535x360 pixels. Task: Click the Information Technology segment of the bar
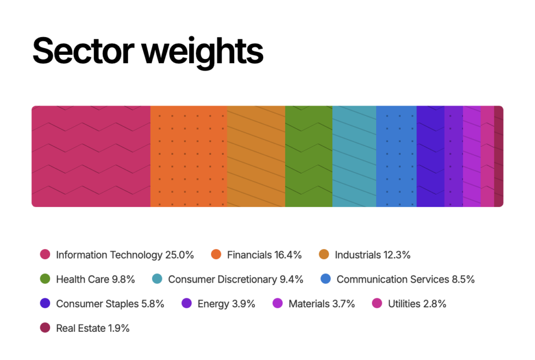point(91,156)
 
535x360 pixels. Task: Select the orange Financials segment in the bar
point(189,156)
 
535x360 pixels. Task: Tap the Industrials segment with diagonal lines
point(256,156)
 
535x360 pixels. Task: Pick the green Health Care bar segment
point(309,156)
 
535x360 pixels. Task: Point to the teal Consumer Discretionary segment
point(354,156)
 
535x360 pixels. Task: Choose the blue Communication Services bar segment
point(396,156)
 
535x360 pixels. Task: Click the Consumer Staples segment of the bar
point(431,156)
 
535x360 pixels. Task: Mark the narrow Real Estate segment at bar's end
point(499,156)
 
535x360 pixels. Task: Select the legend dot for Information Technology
point(45,255)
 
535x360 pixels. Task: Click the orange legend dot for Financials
point(216,255)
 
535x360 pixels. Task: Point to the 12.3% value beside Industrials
point(397,255)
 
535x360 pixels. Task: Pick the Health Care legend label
point(83,280)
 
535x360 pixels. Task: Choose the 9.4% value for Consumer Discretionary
point(292,280)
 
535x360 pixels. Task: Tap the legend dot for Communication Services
point(325,280)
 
